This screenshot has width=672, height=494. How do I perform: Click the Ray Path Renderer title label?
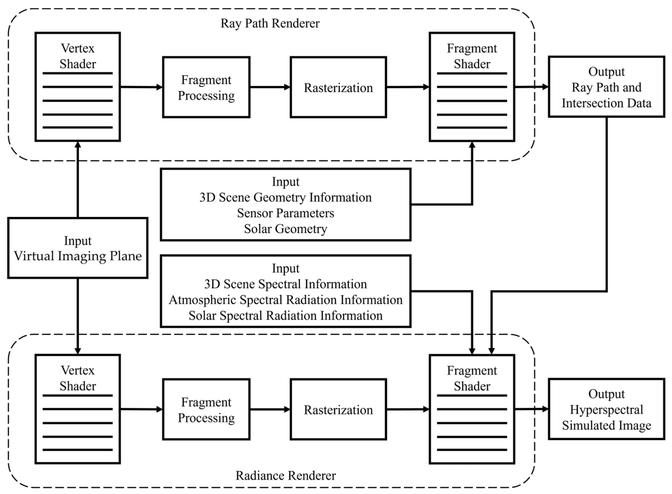(270, 23)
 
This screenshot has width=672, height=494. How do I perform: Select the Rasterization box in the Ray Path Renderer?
(338, 87)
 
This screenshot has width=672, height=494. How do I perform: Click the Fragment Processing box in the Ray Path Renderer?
(206, 87)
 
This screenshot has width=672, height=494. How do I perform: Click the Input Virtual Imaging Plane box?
(78, 248)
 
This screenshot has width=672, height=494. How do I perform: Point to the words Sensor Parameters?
(285, 213)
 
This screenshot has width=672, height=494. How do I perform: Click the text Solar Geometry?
(285, 229)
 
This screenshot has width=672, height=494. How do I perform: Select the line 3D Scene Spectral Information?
(285, 284)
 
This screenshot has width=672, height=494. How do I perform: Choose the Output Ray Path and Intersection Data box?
(606, 87)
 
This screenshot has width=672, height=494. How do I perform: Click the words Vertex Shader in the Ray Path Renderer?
(78, 56)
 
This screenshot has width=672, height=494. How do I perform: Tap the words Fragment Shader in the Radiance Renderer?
(472, 378)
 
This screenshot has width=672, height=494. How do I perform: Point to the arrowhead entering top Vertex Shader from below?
(78, 145)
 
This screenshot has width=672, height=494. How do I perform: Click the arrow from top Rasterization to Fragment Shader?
(408, 87)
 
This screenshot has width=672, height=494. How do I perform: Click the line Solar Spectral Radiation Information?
(285, 315)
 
